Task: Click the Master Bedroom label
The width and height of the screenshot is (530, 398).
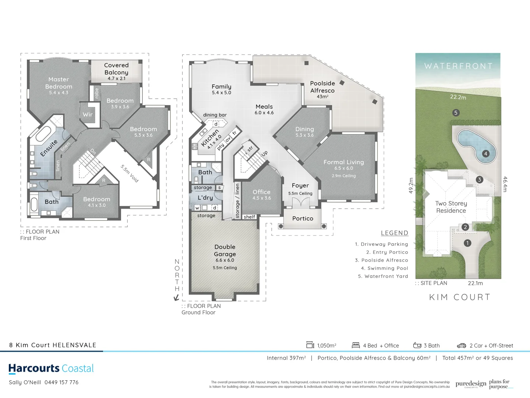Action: click(59, 83)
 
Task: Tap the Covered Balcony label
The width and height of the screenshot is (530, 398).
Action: click(116, 69)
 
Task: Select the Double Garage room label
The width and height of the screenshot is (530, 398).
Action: click(225, 251)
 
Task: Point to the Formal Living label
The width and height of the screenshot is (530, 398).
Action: click(343, 162)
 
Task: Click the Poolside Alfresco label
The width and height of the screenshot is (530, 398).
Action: click(322, 87)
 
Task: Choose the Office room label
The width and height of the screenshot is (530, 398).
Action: click(261, 192)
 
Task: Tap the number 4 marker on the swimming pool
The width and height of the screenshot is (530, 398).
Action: click(486, 154)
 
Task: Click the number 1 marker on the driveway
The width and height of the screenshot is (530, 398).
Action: click(467, 243)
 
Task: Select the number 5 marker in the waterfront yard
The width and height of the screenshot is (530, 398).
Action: click(456, 113)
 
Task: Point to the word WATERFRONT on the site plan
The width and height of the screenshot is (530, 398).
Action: click(458, 66)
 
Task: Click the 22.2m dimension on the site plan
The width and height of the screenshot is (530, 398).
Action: click(458, 97)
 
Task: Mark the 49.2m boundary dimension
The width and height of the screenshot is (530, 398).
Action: click(411, 185)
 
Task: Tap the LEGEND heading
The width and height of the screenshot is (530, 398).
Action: click(394, 233)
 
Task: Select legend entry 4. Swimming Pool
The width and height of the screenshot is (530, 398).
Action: click(384, 268)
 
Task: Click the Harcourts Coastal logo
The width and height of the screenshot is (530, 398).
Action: click(51, 369)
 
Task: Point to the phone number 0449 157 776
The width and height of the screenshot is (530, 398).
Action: click(61, 383)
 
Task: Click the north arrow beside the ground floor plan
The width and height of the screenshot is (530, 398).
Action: click(176, 298)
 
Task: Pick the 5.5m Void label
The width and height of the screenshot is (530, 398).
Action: click(130, 174)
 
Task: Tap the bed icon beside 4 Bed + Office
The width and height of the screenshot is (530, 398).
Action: click(356, 345)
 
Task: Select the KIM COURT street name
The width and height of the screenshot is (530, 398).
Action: click(460, 297)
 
